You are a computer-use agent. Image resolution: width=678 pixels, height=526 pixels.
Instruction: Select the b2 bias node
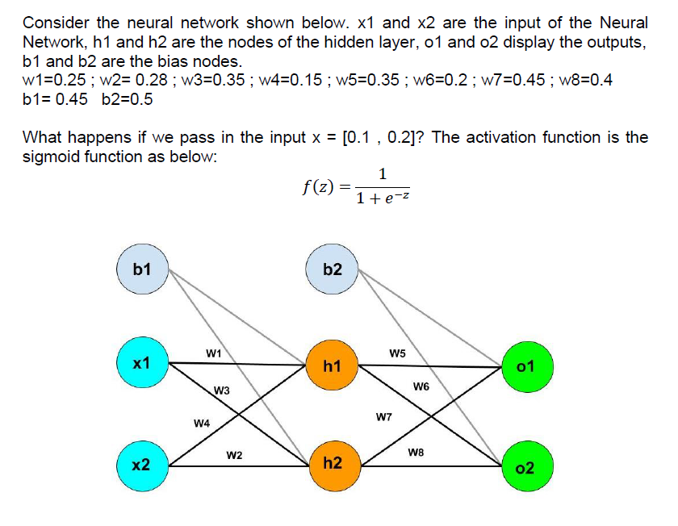(332, 269)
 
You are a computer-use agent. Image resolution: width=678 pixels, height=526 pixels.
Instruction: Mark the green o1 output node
(525, 367)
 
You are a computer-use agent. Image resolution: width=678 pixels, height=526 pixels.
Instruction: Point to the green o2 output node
(525, 468)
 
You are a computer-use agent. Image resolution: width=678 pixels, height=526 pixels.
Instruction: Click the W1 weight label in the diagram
(214, 353)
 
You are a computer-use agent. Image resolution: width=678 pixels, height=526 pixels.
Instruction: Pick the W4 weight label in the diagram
(202, 423)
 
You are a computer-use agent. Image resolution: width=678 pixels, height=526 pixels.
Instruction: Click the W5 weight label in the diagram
(397, 353)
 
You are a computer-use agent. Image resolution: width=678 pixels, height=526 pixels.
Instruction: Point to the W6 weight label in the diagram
(420, 387)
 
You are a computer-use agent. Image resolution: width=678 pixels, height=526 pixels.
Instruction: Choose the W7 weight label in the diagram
(384, 417)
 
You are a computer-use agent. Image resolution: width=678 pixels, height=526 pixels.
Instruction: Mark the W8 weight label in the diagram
(416, 453)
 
